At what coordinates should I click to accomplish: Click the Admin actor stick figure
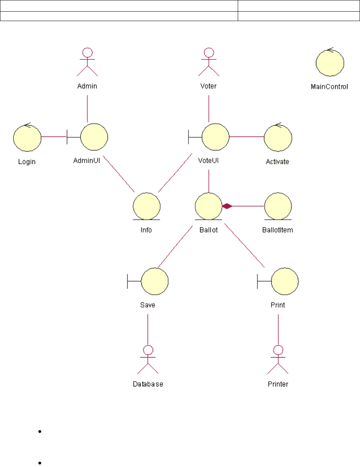coord(87,62)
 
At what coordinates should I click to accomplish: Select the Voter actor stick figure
coord(209,62)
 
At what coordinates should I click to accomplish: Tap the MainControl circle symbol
coord(330,63)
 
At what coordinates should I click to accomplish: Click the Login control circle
coord(27,138)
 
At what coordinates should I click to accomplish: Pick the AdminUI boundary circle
coord(94,137)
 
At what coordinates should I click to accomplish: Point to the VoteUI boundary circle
coord(215,137)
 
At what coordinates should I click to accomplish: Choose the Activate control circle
coord(278,138)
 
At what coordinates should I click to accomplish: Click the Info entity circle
coord(147,206)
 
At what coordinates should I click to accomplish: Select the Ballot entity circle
coord(208,206)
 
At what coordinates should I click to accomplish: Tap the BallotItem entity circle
coord(278,206)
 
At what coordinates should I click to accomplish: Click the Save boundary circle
coord(155,281)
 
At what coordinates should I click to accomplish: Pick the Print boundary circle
coord(285,281)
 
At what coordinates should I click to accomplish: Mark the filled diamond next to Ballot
coord(227,206)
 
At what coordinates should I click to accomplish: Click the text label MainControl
coord(330,87)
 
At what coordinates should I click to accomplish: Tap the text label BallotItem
coord(278,230)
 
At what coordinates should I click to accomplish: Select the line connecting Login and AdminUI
coord(54,137)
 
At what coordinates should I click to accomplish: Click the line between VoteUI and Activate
coord(246,137)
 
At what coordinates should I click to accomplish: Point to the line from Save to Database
coord(148,329)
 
